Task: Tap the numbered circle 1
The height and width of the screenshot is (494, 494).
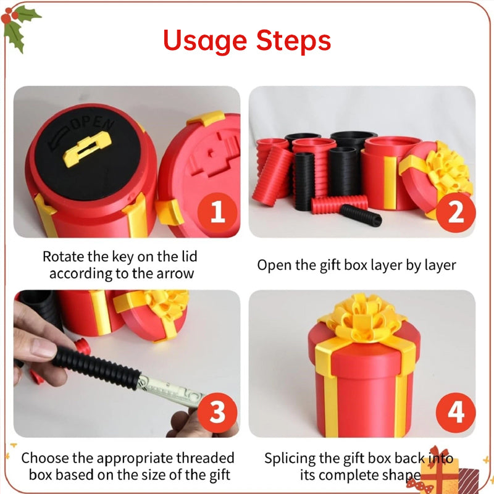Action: pyautogui.click(x=217, y=213)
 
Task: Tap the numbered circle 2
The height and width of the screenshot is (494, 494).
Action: pyautogui.click(x=456, y=213)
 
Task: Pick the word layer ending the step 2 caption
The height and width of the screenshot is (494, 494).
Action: pyautogui.click(x=437, y=266)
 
